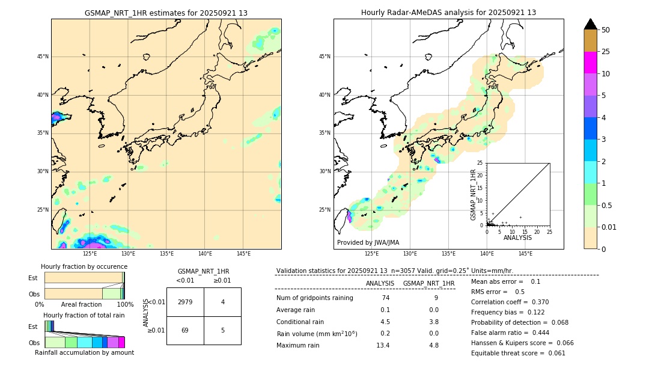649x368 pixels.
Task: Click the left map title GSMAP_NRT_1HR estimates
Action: point(166,13)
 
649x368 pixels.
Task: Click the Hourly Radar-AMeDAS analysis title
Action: point(448,13)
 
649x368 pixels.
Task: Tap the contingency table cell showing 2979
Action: point(185,302)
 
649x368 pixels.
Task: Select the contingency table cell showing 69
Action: point(185,331)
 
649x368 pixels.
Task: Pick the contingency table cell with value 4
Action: point(222,302)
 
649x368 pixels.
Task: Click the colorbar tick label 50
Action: point(606,30)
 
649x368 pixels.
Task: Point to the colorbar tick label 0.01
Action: point(608,227)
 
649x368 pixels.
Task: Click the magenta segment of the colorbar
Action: point(590,63)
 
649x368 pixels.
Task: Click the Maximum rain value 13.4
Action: point(383,345)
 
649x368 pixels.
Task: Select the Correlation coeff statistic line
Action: point(510,302)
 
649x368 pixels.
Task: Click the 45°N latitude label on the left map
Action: point(43,57)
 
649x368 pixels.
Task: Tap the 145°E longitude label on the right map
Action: point(525,254)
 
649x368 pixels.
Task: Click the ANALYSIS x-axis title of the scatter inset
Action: point(517,238)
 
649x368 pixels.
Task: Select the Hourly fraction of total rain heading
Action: point(84,315)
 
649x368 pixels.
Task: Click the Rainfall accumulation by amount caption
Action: point(84,352)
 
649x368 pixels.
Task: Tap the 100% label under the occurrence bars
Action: point(125,304)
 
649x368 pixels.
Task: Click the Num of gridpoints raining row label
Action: point(314,298)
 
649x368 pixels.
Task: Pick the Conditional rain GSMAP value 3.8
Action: point(433,322)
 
